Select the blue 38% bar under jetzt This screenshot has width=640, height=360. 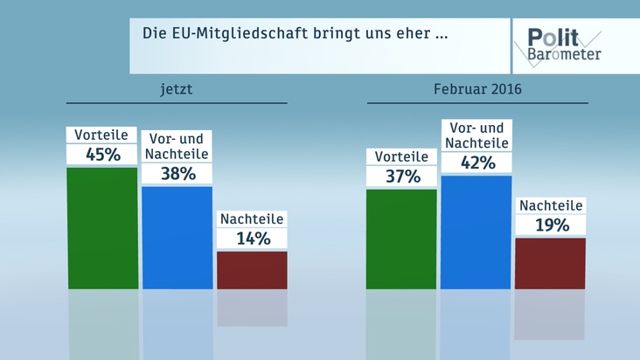[177, 237]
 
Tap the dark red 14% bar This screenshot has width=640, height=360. [252, 269]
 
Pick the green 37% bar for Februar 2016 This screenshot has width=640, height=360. [401, 239]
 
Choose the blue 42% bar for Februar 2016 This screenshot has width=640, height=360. [477, 232]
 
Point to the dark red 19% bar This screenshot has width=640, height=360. [551, 262]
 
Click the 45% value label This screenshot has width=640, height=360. [103, 155]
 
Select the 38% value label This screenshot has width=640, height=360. [177, 174]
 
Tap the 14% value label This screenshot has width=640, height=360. [252, 239]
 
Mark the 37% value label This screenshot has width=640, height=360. [401, 177]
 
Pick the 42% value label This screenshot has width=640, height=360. [477, 163]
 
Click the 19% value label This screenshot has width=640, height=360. [551, 225]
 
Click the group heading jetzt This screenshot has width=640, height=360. [176, 89]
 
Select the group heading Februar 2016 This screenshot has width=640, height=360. [477, 89]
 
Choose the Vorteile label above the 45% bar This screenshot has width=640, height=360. [102, 135]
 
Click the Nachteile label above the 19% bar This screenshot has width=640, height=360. [551, 205]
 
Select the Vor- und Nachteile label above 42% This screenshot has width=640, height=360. [477, 135]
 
